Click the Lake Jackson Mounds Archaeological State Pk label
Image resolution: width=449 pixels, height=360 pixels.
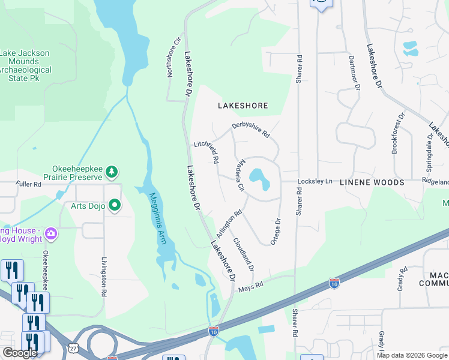point(25,62)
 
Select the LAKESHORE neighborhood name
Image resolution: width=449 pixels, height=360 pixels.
point(243,106)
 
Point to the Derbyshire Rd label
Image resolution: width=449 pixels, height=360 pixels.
point(252,130)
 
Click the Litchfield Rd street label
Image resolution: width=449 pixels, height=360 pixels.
point(207,152)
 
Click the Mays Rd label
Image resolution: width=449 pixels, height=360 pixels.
point(250,286)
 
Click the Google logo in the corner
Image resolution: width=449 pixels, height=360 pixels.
point(20,353)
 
